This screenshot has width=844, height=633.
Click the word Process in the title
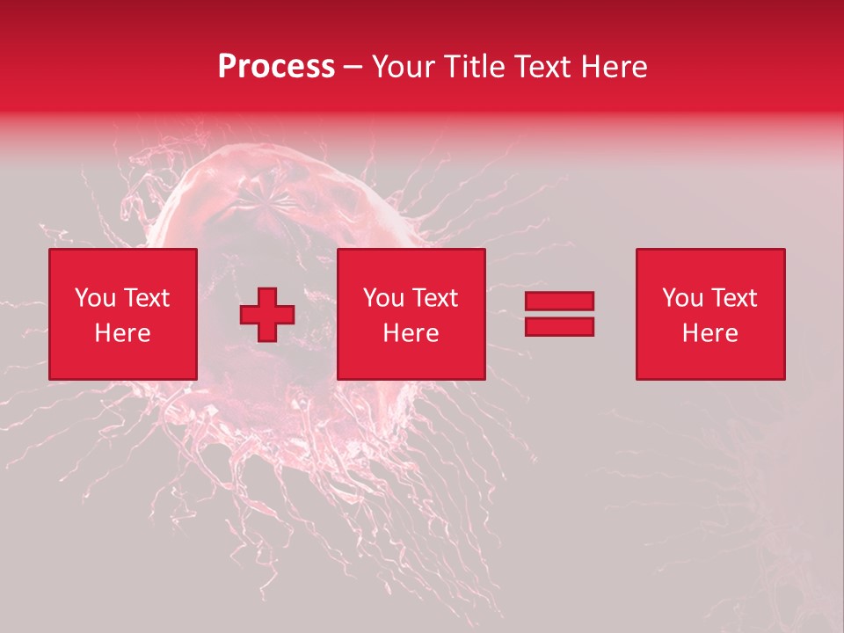point(276,67)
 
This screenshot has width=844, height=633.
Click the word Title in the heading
point(471,67)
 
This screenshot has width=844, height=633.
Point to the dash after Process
point(353,68)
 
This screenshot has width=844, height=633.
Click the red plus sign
point(267,315)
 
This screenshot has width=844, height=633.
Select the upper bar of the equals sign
point(559,302)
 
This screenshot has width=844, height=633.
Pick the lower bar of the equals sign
point(559,326)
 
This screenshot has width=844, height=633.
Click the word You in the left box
point(94,298)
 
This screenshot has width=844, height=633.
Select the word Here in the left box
point(123,333)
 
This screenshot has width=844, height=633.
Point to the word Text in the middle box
point(435,298)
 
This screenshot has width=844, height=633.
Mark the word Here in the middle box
point(411,333)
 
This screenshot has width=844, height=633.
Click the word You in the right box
point(681,298)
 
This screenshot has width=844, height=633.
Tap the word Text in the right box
point(734,298)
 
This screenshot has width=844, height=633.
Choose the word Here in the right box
point(710,333)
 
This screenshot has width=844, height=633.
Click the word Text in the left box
point(147,298)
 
